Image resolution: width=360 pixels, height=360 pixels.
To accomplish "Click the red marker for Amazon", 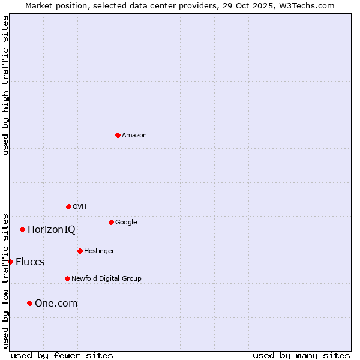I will coord(118,135).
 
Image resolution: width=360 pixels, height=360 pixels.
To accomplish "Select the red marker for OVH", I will coord(68,206).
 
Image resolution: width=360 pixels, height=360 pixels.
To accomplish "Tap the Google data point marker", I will coord(111,222).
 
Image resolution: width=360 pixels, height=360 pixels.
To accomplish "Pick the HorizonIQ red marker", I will coord(22,229).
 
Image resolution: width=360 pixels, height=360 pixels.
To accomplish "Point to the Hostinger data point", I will coord(80,251).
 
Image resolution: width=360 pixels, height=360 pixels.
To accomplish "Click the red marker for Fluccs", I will coord(10,262).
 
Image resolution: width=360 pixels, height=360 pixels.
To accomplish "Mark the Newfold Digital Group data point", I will coord(67,278).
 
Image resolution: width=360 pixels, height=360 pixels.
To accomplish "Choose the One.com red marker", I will coord(29,303).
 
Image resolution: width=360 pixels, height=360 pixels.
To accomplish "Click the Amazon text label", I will coord(134,135).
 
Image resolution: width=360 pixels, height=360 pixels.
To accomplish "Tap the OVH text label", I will coord(80,206).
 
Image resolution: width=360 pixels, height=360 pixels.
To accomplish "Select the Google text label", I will coord(126,222).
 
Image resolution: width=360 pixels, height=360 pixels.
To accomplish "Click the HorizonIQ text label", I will coord(52,229).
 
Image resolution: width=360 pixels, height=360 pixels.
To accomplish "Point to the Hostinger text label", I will coord(99,251).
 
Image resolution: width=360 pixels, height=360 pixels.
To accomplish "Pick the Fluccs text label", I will coord(30,262).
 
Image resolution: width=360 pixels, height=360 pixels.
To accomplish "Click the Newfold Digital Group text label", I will coord(106,278).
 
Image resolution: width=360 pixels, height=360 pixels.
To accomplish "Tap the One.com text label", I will coord(56,303).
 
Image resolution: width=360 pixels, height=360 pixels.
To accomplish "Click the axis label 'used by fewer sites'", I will coord(62,355).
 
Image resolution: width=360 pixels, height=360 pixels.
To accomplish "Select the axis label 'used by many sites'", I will coord(301,355).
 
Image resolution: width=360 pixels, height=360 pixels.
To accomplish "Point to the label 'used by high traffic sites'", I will coord(5,85).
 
